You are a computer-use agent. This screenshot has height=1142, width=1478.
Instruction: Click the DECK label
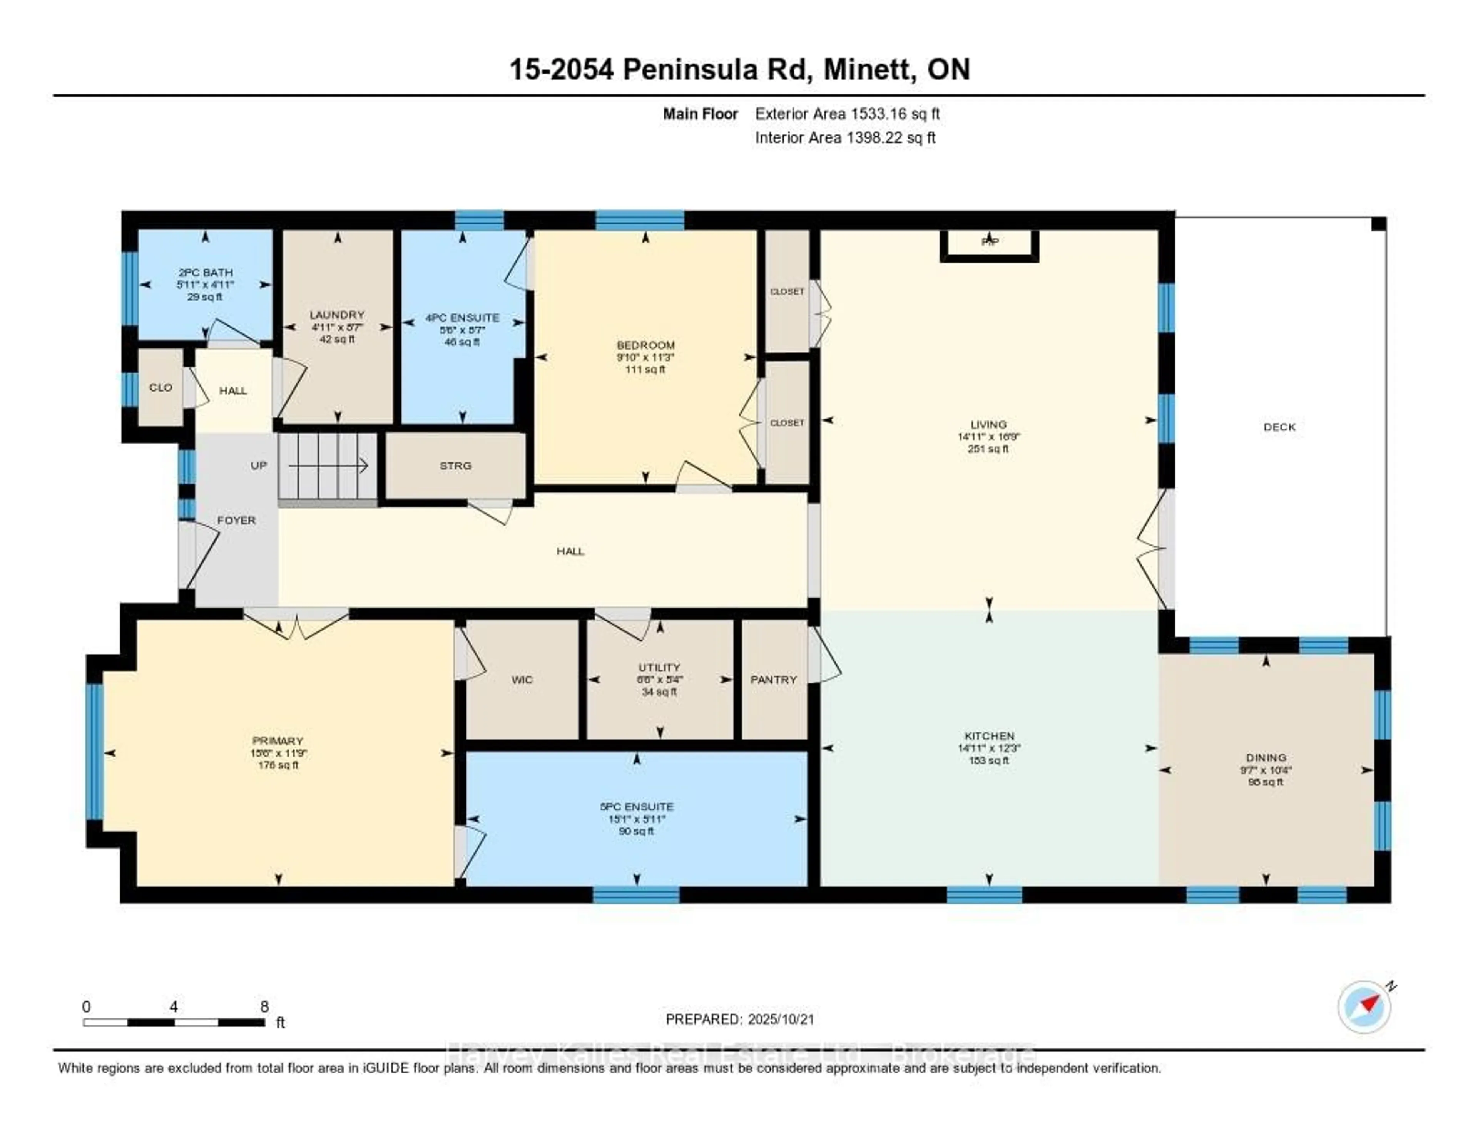[1279, 427]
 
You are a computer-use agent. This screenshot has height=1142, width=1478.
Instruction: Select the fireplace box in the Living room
[989, 244]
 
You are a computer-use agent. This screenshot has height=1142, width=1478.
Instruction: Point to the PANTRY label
[774, 680]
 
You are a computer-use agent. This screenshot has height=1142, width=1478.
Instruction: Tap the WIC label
[522, 680]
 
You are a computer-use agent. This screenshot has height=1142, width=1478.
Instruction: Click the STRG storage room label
[455, 466]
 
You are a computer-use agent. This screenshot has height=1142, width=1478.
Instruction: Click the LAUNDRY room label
[337, 315]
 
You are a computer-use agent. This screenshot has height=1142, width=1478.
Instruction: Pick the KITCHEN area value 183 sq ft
[989, 760]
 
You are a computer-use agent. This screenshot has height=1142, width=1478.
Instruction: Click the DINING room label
[1266, 757]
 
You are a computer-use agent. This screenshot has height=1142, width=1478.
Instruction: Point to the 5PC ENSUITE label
[636, 807]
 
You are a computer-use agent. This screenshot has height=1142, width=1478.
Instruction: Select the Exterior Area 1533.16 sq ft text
[847, 114]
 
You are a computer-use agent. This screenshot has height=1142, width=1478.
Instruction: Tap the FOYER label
[236, 520]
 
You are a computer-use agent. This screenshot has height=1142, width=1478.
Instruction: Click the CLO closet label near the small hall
[161, 387]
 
